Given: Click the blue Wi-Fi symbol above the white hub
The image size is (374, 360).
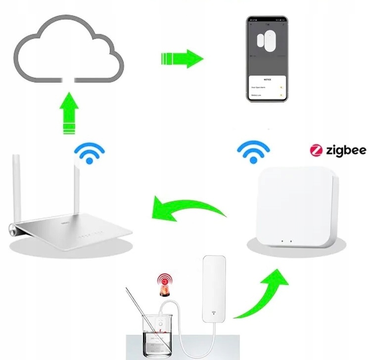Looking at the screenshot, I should (x=253, y=151).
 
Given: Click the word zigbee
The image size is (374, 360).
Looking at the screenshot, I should (x=346, y=150).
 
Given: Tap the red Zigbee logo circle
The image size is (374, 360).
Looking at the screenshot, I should (x=316, y=150).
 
